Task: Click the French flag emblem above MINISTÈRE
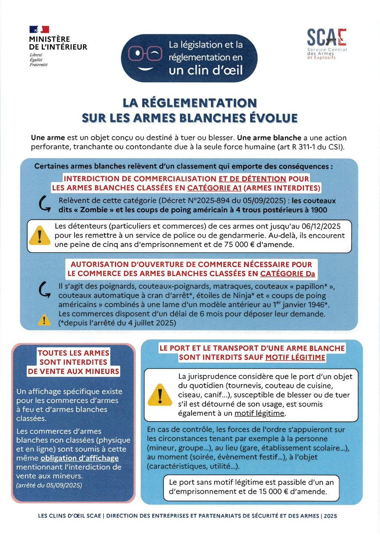pyautogui.click(x=39, y=29)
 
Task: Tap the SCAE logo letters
pyautogui.click(x=327, y=37)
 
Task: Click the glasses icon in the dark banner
pyautogui.click(x=145, y=54)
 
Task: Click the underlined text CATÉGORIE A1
pyautogui.click(x=214, y=188)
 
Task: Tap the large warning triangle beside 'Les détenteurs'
pyautogui.click(x=40, y=235)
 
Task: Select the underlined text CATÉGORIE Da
pyautogui.click(x=287, y=274)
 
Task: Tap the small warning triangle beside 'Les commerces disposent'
pyautogui.click(x=44, y=320)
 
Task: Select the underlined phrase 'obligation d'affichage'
pyautogui.click(x=79, y=458)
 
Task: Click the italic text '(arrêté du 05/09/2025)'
pyautogui.click(x=49, y=485)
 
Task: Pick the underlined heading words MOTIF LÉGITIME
pyautogui.click(x=295, y=357)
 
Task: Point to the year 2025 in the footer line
pyautogui.click(x=330, y=516)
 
